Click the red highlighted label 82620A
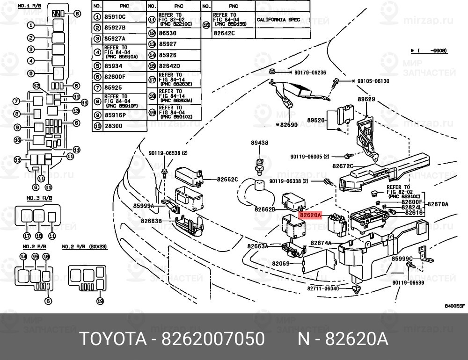tap(311, 216)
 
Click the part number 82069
tap(281, 264)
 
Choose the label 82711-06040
tap(323, 288)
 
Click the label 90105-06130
tap(373, 81)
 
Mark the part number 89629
tap(367, 100)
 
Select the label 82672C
tap(343, 166)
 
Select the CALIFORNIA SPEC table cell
tap(282, 20)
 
